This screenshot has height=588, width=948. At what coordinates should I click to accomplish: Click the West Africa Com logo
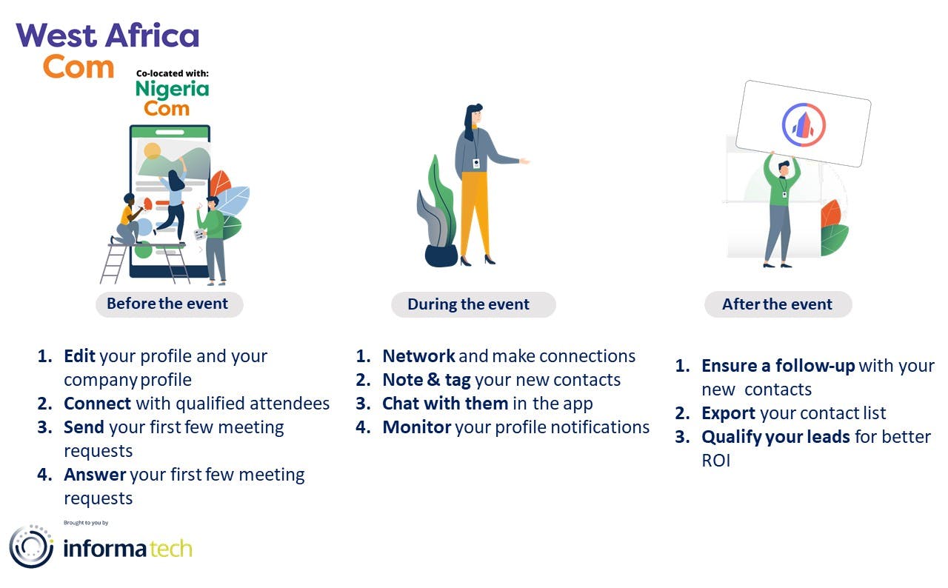107,51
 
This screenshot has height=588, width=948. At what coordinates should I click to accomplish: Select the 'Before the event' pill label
170,304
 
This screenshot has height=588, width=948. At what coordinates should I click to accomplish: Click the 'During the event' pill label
473,304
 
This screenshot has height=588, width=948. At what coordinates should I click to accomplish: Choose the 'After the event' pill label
778,304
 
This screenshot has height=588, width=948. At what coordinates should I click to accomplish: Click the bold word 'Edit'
79,356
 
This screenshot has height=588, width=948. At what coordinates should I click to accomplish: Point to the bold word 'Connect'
97,404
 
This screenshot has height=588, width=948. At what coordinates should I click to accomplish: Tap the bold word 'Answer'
95,475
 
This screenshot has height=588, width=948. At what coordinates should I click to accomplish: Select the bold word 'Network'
418,356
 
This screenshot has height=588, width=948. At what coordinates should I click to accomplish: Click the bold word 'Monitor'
417,427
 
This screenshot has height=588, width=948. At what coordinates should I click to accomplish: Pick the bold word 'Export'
728,413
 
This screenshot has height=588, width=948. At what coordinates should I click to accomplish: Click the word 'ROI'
716,461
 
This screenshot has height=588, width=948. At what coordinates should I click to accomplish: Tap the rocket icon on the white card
804,125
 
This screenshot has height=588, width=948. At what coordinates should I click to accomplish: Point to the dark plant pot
441,256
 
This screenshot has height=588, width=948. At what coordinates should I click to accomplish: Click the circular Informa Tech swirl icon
31,547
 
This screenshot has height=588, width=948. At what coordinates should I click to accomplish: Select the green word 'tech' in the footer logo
171,549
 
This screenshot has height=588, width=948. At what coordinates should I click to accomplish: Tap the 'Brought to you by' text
86,523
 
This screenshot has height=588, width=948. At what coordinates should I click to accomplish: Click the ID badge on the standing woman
476,164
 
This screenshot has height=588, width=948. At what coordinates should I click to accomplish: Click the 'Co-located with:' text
173,73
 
